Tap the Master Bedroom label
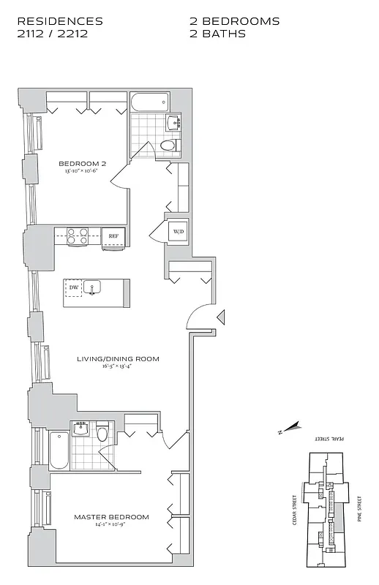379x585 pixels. (111, 517)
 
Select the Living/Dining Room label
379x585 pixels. (118, 359)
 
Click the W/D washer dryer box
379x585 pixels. (178, 232)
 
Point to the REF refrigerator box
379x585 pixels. (113, 236)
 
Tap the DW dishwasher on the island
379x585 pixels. (73, 288)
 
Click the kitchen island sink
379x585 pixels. (92, 287)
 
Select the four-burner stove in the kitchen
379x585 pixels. (78, 235)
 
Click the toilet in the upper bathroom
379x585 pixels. (168, 146)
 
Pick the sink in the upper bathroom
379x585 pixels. (173, 122)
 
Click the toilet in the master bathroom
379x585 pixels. (102, 434)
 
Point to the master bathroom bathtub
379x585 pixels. (59, 450)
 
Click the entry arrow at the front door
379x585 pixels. (221, 317)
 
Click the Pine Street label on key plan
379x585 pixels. (359, 505)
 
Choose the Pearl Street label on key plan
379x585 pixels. (329, 438)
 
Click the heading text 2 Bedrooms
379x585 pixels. (234, 21)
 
